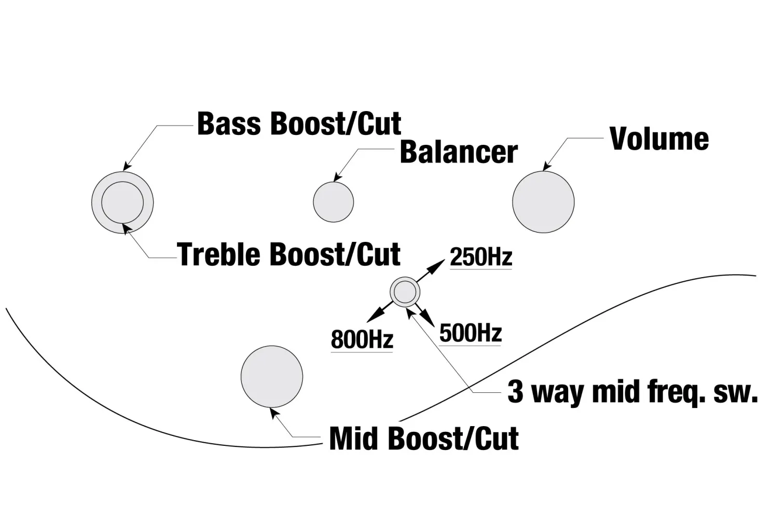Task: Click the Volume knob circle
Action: (x=543, y=202)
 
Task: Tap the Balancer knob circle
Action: (x=333, y=202)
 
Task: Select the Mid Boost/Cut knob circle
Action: (x=271, y=376)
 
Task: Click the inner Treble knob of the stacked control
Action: (x=122, y=202)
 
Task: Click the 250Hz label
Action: (x=481, y=257)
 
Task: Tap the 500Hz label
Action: (x=470, y=333)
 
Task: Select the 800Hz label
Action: (x=362, y=340)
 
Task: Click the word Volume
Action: (x=659, y=139)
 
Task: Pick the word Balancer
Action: (x=459, y=153)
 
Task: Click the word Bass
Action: (x=229, y=124)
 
